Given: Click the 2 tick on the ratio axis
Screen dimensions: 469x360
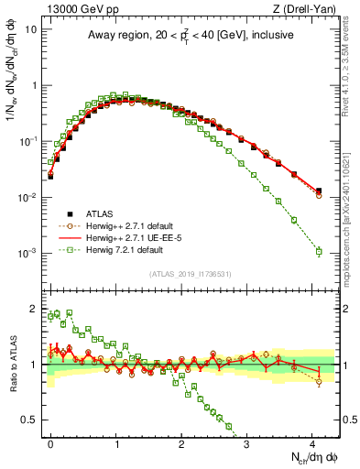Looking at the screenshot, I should click(38, 308).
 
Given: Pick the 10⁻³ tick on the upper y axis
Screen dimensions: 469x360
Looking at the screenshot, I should click(30, 253).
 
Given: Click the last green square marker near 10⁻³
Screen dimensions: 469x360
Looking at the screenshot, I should click(318, 251).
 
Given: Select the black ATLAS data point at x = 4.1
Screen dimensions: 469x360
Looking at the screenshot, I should click(318, 191).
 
